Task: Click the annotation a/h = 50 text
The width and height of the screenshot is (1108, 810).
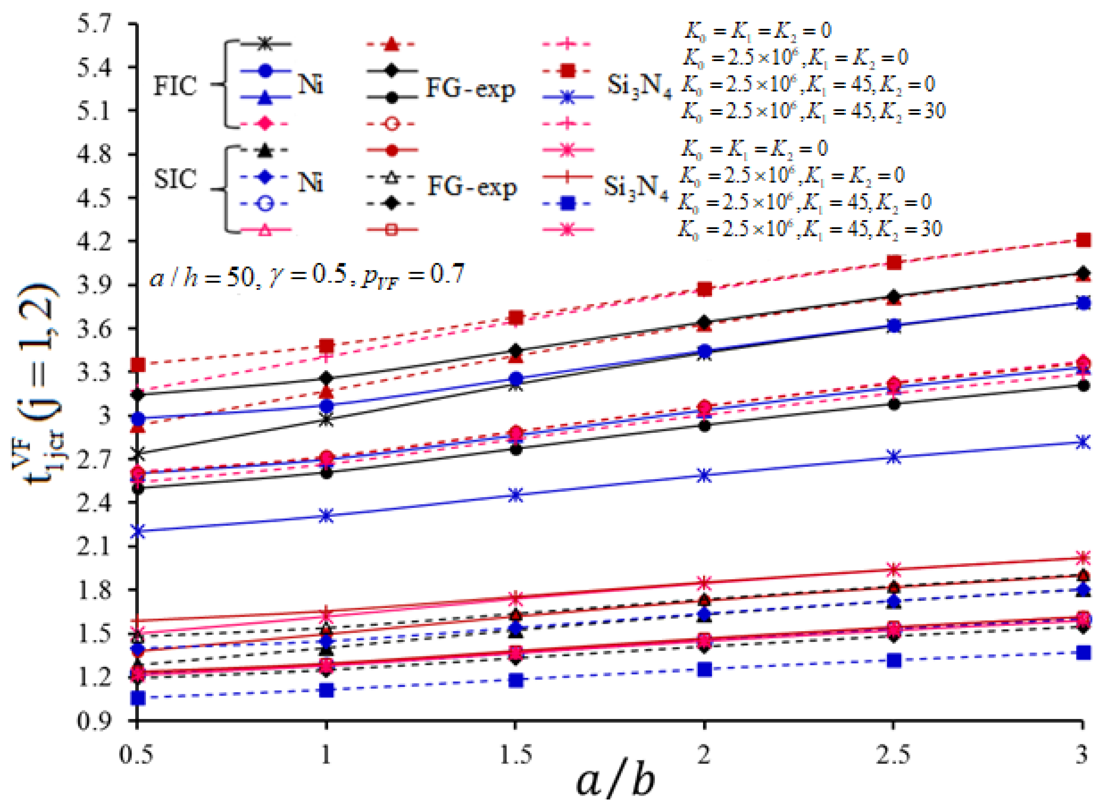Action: tap(307, 275)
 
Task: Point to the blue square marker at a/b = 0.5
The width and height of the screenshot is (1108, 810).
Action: tap(138, 698)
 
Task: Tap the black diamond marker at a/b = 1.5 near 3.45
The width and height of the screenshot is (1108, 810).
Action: tap(515, 351)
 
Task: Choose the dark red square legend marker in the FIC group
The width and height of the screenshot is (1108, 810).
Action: tap(568, 71)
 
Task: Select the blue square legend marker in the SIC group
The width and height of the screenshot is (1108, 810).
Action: tap(568, 203)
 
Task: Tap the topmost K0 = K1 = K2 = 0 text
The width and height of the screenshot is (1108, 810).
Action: tap(758, 31)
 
